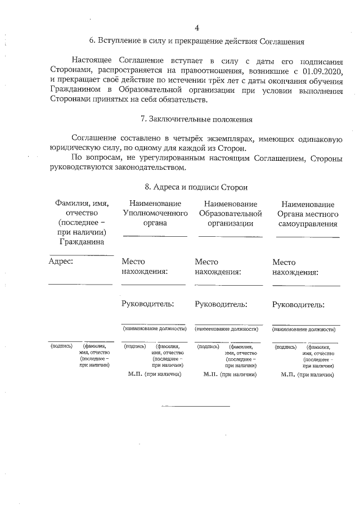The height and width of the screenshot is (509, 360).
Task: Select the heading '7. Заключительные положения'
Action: pos(196,119)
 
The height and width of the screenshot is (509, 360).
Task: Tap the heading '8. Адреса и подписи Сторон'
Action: pos(196,187)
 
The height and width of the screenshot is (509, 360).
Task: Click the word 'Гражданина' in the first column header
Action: pos(82,242)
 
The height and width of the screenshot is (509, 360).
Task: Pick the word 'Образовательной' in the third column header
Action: pos(231,214)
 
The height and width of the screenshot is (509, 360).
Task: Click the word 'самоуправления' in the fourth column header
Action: pos(308,223)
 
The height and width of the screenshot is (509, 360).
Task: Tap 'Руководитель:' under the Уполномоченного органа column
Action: pos(147,304)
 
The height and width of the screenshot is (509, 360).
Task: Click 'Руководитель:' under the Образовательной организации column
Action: pos(221,304)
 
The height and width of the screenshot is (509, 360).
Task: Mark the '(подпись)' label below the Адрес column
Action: pos(61,346)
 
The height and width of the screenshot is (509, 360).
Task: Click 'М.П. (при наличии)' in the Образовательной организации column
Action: pos(230,373)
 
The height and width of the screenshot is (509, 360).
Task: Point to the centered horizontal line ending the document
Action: pos(196,406)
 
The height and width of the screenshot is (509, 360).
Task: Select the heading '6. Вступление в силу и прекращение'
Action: pos(196,41)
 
